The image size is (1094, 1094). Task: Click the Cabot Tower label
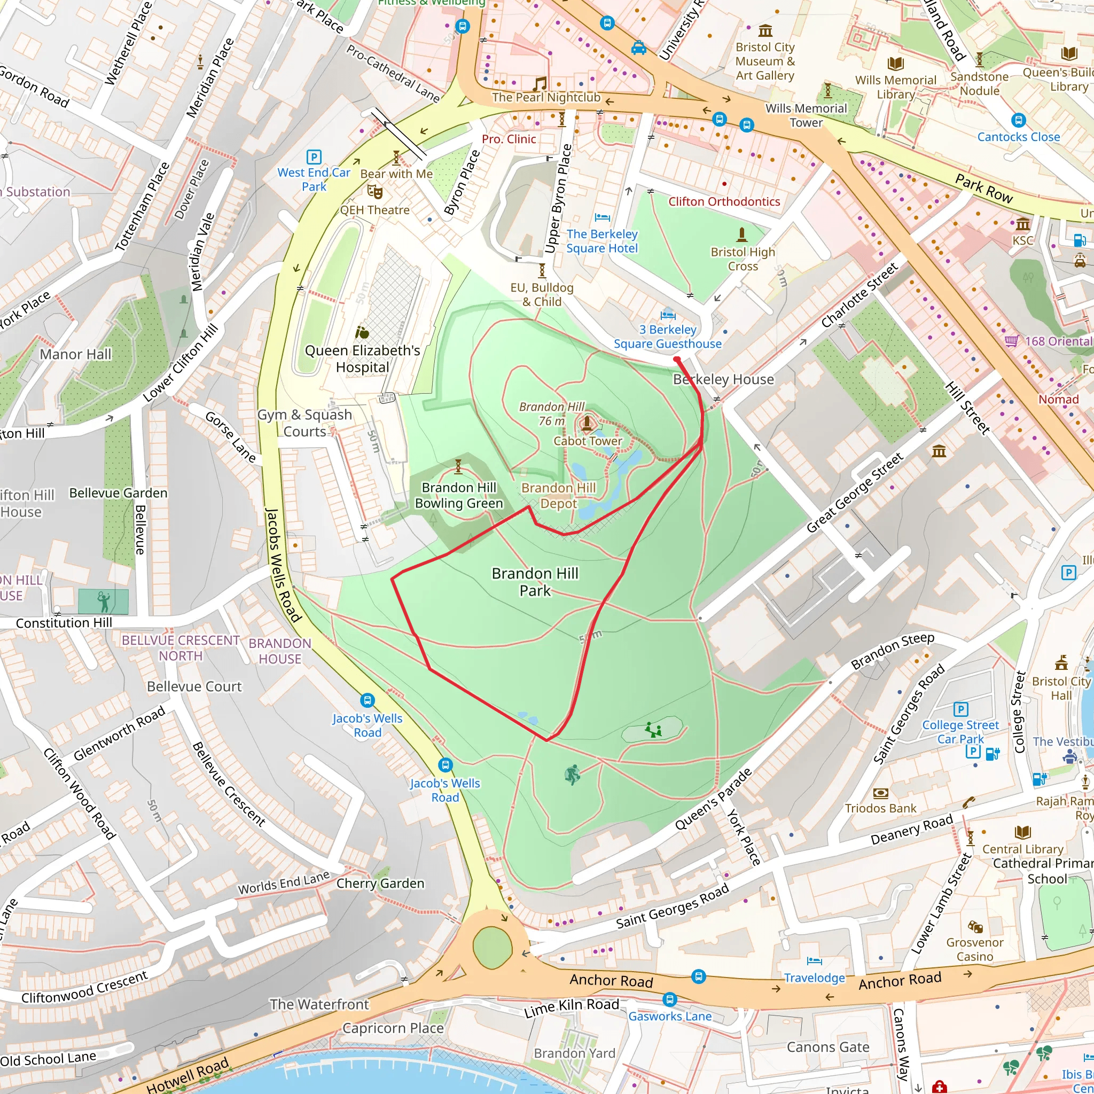(587, 441)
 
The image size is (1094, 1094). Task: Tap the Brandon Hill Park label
(535, 582)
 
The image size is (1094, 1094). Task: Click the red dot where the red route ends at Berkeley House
(677, 360)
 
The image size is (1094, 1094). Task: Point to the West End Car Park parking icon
(314, 157)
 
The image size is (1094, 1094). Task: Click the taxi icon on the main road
(639, 48)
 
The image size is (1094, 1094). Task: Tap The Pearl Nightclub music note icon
(540, 84)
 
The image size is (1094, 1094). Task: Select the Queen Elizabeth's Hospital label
(362, 358)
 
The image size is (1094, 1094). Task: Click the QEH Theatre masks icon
(374, 192)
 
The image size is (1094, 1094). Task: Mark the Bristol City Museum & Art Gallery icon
(765, 30)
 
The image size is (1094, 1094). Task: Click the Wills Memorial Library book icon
(895, 64)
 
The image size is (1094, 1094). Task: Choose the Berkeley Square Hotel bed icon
(602, 217)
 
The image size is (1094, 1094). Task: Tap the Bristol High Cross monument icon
(742, 234)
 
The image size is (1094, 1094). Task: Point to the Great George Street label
(855, 493)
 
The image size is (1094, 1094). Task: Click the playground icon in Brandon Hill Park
(653, 730)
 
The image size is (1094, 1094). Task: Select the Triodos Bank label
(880, 808)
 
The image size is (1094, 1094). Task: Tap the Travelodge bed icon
(814, 960)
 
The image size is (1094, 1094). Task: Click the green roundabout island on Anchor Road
(492, 947)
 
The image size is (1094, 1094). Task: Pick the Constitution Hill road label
(64, 623)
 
